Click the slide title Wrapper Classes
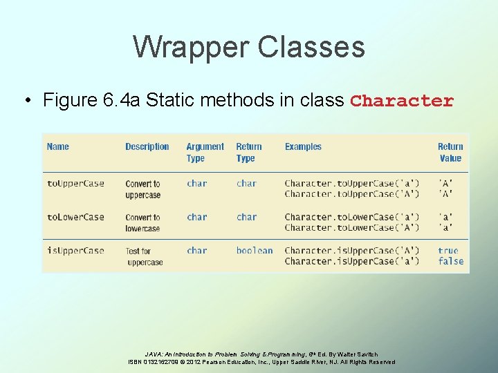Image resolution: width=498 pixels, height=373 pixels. pyautogui.click(x=249, y=47)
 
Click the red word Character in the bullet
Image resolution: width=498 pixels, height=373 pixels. pyautogui.click(x=402, y=101)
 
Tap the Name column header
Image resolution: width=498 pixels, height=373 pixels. pyautogui.click(x=58, y=146)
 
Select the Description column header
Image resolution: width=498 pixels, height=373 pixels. pyautogui.click(x=147, y=146)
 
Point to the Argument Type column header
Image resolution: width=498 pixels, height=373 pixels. pyautogui.click(x=205, y=152)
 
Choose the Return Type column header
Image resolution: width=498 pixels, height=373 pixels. pyautogui.click(x=248, y=152)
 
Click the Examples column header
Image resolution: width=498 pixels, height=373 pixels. pyautogui.click(x=303, y=146)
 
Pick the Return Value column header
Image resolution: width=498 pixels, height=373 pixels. pyautogui.click(x=450, y=152)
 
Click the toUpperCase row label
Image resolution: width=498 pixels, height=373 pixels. pyautogui.click(x=75, y=184)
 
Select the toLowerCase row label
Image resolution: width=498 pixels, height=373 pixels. pyautogui.click(x=75, y=217)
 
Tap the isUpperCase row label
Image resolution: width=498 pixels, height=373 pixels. pyautogui.click(x=75, y=251)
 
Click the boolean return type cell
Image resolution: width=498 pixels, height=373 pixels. pyautogui.click(x=255, y=251)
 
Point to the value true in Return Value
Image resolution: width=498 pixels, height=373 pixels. pyautogui.click(x=448, y=251)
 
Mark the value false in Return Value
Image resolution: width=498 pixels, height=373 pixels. pyautogui.click(x=450, y=261)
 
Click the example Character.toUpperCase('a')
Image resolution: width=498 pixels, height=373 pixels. pyautogui.click(x=352, y=184)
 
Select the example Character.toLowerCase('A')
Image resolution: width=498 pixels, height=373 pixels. pyautogui.click(x=352, y=227)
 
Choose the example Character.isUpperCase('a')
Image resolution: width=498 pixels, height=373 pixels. pyautogui.click(x=352, y=261)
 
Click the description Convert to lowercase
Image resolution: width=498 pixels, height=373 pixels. pyautogui.click(x=142, y=222)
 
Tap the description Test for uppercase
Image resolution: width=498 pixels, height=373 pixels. pyautogui.click(x=144, y=256)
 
